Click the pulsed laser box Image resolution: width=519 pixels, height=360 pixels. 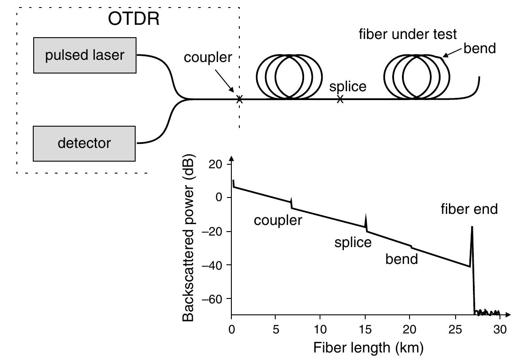click(x=85, y=55)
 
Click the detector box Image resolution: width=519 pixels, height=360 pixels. click(x=84, y=143)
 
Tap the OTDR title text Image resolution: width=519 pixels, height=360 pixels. click(x=134, y=19)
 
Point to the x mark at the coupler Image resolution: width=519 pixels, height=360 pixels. click(x=239, y=100)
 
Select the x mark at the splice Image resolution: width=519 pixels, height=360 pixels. click(x=340, y=100)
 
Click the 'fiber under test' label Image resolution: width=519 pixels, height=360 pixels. click(x=407, y=34)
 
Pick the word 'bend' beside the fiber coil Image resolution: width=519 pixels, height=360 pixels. click(x=479, y=48)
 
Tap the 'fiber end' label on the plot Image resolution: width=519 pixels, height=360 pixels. click(x=469, y=209)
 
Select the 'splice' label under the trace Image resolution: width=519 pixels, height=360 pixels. click(x=353, y=242)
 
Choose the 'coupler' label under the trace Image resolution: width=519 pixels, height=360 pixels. click(x=277, y=220)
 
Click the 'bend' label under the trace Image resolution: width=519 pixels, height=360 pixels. click(x=401, y=259)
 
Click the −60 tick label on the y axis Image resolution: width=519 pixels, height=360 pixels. click(x=212, y=299)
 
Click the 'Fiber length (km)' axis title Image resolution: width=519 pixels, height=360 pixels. click(x=368, y=347)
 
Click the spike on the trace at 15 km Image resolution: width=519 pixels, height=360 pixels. click(x=366, y=220)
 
